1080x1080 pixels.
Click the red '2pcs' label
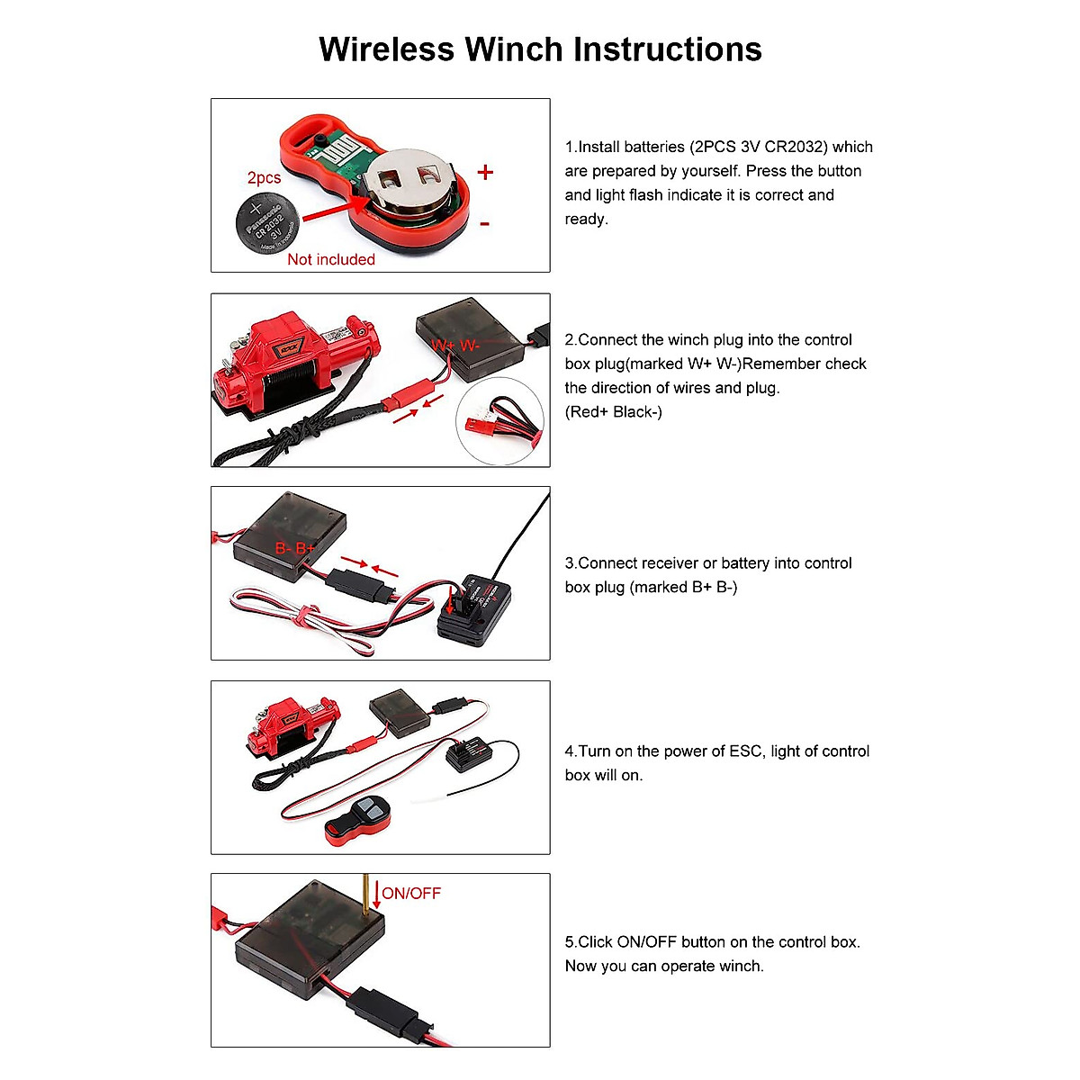(x=264, y=178)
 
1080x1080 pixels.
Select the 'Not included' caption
(x=330, y=259)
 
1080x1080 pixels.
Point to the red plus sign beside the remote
(x=486, y=172)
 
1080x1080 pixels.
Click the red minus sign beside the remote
(x=485, y=223)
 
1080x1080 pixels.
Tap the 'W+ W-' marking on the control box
(x=455, y=346)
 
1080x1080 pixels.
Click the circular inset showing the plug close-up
(x=500, y=420)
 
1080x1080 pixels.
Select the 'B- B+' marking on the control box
(x=295, y=548)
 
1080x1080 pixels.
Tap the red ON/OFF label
(x=411, y=894)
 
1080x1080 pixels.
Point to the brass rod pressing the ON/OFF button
(x=366, y=895)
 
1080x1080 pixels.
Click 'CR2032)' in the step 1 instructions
(x=795, y=147)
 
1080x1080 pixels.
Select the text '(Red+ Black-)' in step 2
(x=613, y=412)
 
